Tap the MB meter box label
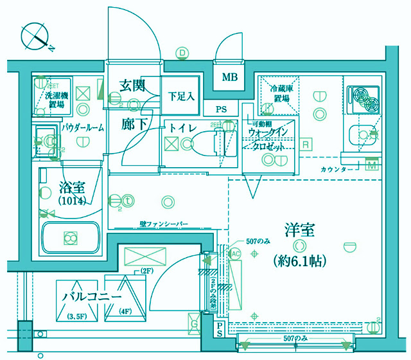click(x=230, y=78)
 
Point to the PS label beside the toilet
click(x=222, y=109)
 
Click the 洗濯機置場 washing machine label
click(x=55, y=99)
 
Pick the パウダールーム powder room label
click(x=83, y=128)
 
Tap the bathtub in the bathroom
click(x=69, y=237)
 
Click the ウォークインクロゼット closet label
click(x=271, y=139)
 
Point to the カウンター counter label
click(x=337, y=169)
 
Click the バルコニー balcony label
click(x=92, y=298)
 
